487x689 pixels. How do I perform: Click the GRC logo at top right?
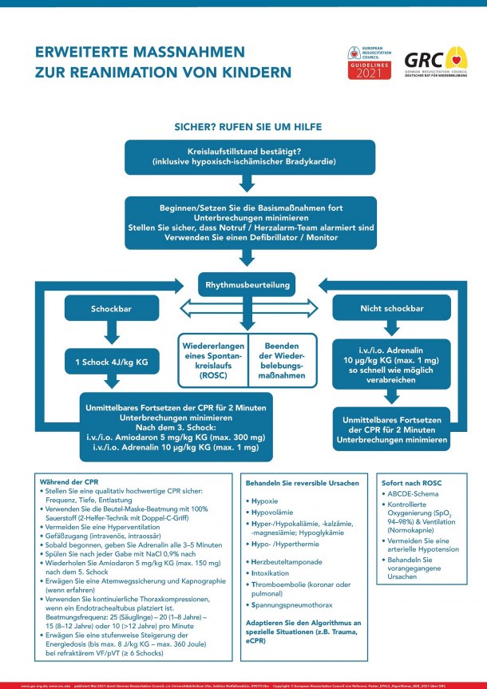[x=434, y=62]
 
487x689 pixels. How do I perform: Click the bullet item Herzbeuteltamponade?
[x=281, y=562]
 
